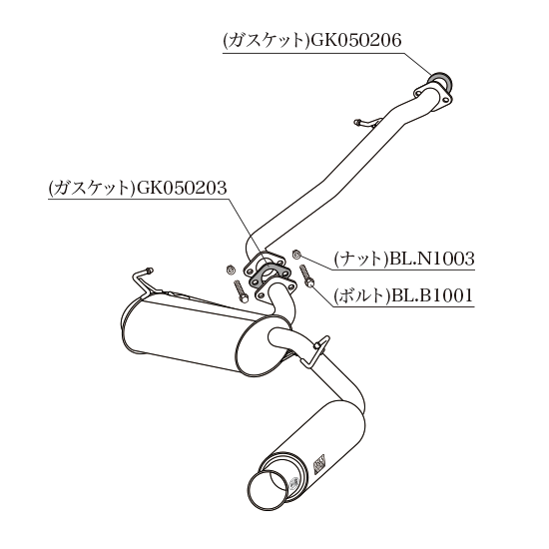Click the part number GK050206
pos(355,41)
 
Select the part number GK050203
pos(182,188)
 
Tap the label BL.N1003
pos(432,259)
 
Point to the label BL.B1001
pos(432,295)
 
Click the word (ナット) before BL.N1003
pos(361,260)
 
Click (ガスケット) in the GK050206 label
pos(267,41)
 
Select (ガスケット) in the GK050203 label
pos(92,188)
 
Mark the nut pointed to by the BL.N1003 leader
pos(296,255)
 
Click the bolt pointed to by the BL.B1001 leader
pos(306,276)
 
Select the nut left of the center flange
pos(230,270)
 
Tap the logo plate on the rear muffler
pos(319,464)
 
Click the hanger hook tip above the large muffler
pos(149,271)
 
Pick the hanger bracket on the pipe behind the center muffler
pos(314,351)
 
